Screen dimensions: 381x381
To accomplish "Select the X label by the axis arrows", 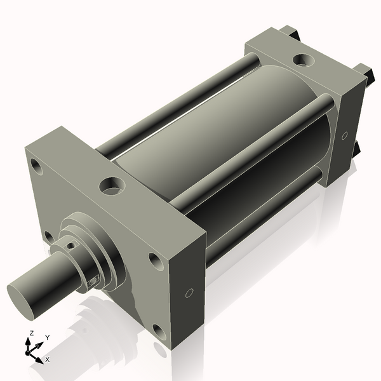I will tap(47, 359).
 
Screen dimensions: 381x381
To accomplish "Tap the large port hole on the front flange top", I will tap(111, 186).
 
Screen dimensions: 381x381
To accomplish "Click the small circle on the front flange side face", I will tap(189, 293).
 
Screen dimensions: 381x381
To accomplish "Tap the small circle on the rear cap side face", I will tap(344, 135).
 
